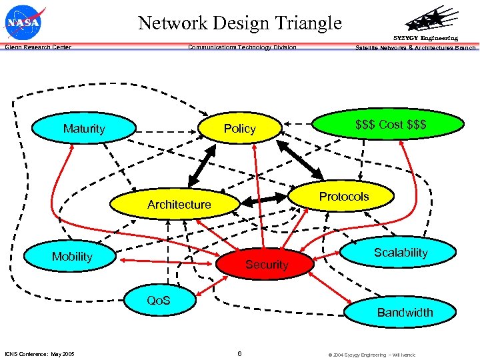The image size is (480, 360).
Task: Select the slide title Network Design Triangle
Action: pyautogui.click(x=240, y=23)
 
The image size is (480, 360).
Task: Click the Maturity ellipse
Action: pyautogui.click(x=84, y=128)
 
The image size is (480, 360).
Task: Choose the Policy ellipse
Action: pyautogui.click(x=240, y=128)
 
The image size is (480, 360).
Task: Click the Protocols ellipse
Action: pyautogui.click(x=344, y=196)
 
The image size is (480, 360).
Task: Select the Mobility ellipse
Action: pyautogui.click(x=72, y=257)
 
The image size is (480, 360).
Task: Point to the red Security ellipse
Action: pyautogui.click(x=267, y=265)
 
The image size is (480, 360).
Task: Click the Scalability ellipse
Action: pyautogui.click(x=400, y=253)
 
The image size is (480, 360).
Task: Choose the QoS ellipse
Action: pyautogui.click(x=158, y=301)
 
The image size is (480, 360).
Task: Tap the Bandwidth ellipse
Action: pyautogui.click(x=405, y=312)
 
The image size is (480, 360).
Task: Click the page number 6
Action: pyautogui.click(x=239, y=353)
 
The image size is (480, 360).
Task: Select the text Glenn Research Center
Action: pyautogui.click(x=38, y=47)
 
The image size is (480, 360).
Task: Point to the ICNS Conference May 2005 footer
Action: pyautogui.click(x=40, y=354)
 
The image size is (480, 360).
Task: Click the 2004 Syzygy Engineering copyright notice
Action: pyautogui.click(x=371, y=355)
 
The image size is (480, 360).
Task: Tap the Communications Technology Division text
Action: pyautogui.click(x=242, y=47)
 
